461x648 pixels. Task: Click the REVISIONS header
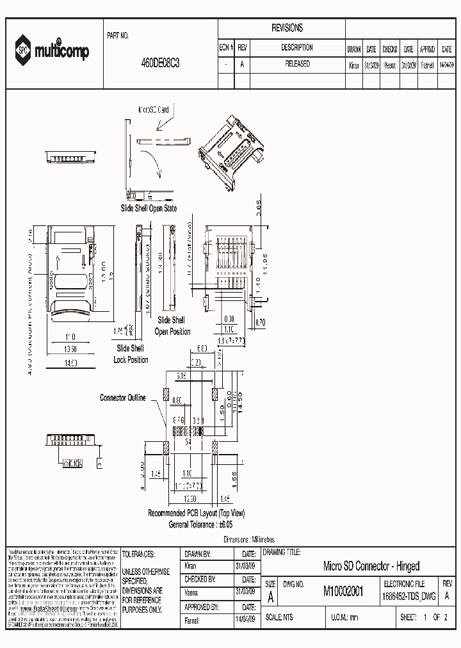[287, 29]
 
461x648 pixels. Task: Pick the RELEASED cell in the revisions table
[296, 64]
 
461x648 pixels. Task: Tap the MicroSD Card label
[154, 109]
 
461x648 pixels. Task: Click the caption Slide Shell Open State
[149, 208]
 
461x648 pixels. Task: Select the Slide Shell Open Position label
[172, 326]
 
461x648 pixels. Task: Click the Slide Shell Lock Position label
[131, 354]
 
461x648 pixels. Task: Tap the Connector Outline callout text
[122, 398]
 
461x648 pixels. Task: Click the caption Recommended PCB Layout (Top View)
[196, 513]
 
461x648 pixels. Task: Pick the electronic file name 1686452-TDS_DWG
[408, 595]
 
